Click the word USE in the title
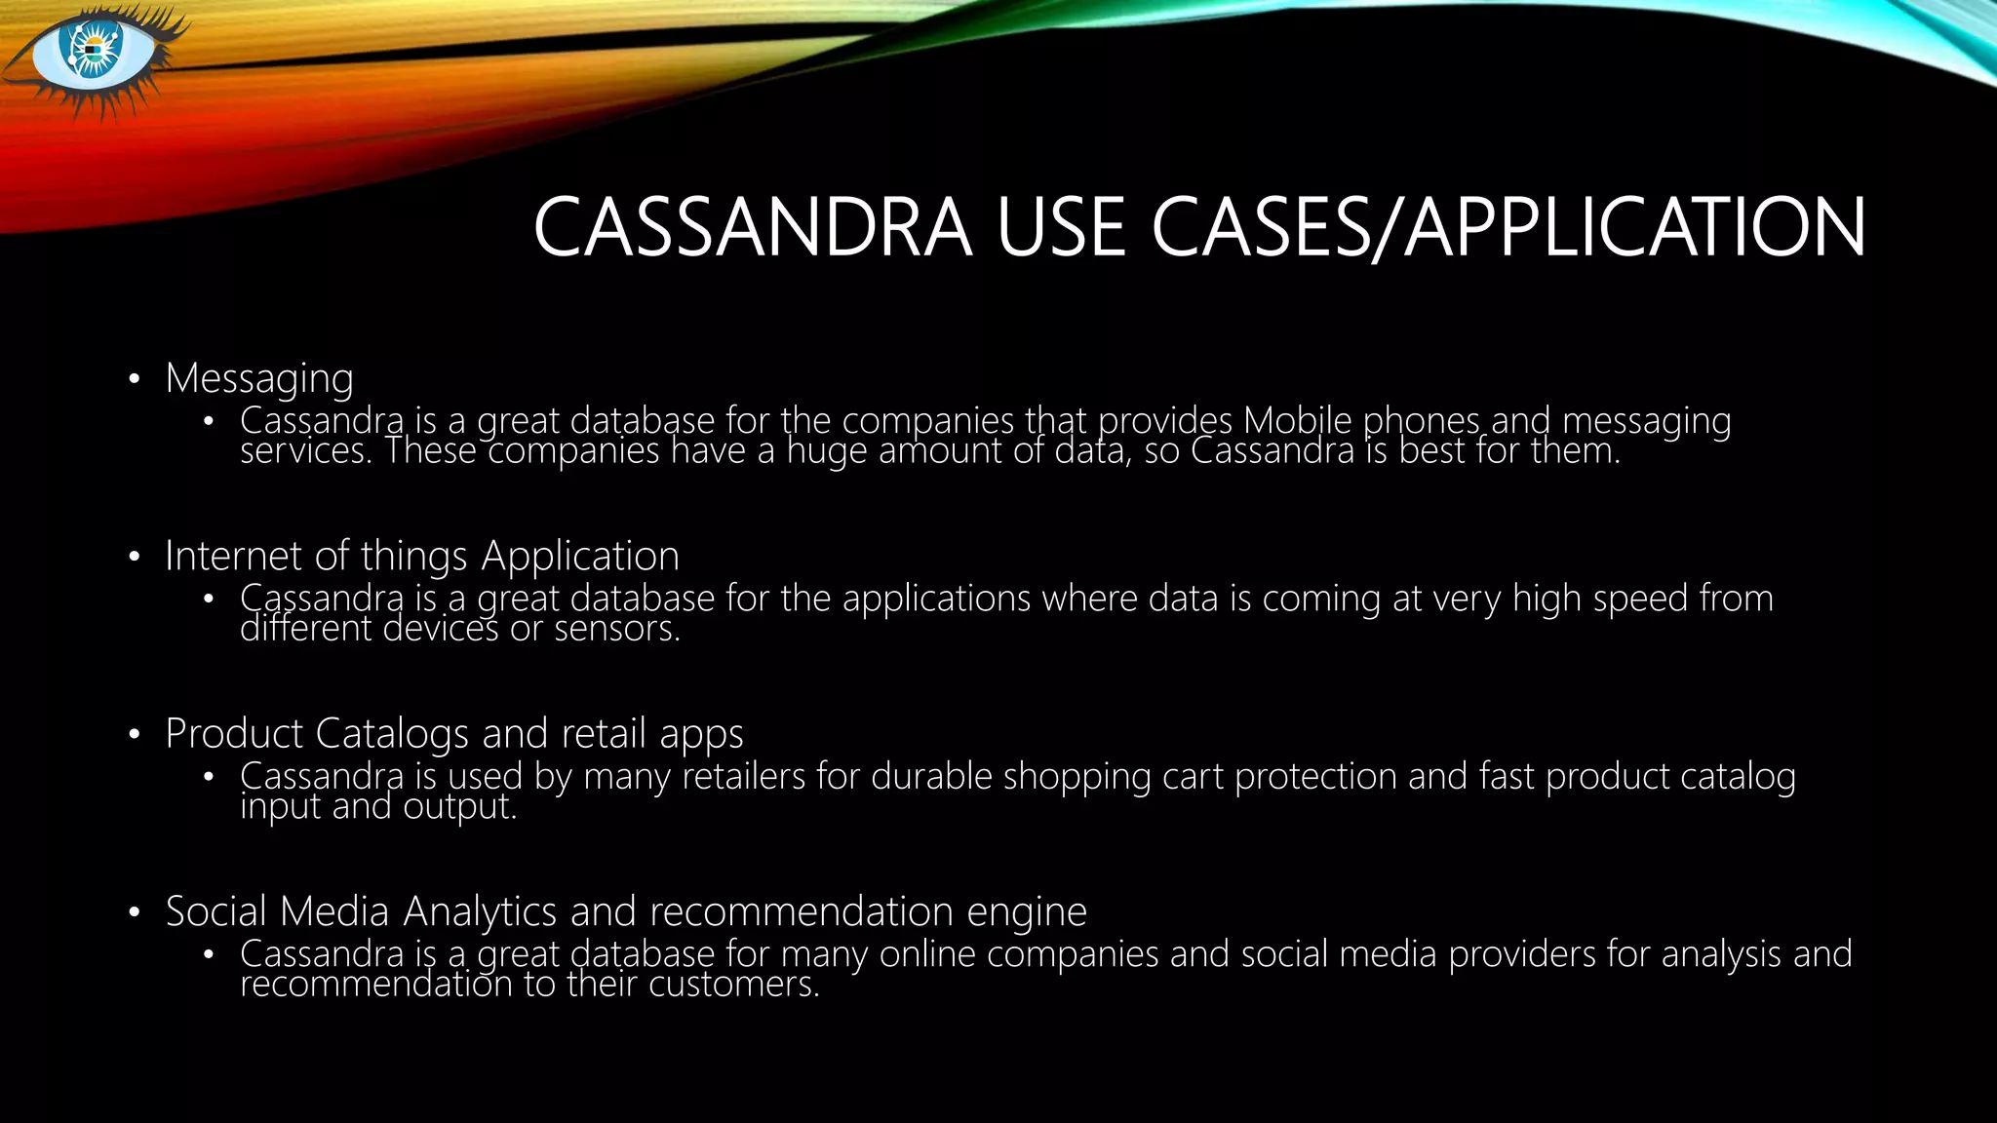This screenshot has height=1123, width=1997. [1061, 228]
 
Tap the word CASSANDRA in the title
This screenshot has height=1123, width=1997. [753, 228]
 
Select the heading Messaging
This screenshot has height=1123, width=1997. [259, 378]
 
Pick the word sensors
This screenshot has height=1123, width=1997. [616, 629]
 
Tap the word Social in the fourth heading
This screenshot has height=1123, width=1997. [215, 911]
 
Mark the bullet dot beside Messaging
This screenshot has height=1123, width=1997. [135, 379]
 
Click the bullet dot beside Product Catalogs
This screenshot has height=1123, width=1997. [135, 734]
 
